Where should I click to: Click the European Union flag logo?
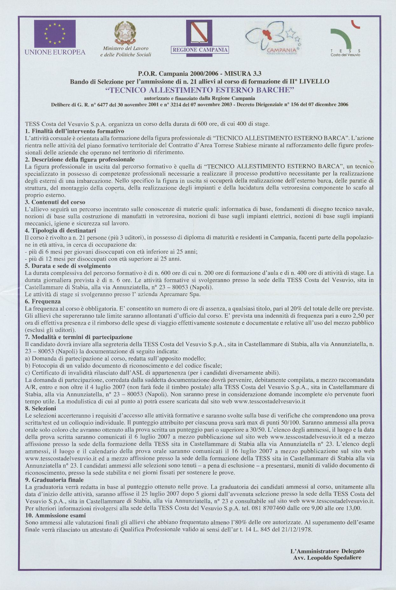55,33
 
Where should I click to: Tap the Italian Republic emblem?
125,32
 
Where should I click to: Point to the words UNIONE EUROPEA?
55,52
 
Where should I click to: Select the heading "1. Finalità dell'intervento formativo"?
74,131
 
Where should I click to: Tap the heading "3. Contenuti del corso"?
55,202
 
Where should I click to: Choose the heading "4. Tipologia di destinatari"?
60,230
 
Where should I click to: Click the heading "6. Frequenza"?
43,301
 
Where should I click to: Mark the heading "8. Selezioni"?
40,408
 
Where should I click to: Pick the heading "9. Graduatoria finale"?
54,480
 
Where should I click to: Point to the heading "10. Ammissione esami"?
55,515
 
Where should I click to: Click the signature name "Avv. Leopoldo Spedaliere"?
327,558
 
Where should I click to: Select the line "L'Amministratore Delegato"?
327,551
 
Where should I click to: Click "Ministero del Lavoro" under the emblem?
126,48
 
